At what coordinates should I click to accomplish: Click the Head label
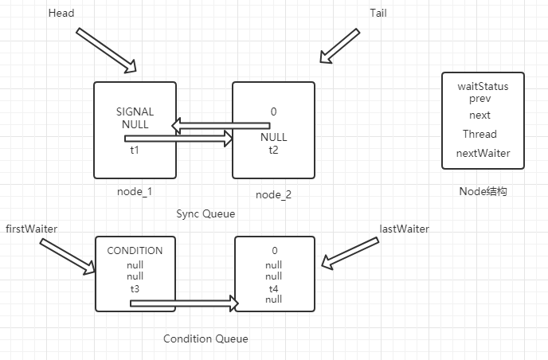click(x=62, y=14)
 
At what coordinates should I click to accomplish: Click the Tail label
click(x=378, y=14)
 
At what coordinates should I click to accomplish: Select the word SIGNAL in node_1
click(x=135, y=112)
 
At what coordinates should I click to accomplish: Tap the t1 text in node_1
click(x=135, y=150)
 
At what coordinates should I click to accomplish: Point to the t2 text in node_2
click(x=273, y=150)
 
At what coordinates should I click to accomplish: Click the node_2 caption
click(x=273, y=195)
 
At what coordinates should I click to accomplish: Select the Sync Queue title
click(x=205, y=214)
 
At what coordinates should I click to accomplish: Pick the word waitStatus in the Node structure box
click(x=483, y=86)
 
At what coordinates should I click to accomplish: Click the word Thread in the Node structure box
click(x=479, y=134)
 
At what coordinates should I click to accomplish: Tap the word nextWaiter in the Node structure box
click(x=483, y=153)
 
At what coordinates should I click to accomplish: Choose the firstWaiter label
click(x=31, y=229)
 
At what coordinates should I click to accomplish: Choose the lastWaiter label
click(x=405, y=229)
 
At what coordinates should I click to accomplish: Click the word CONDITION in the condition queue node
click(x=135, y=251)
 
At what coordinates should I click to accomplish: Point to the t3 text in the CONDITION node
click(x=135, y=288)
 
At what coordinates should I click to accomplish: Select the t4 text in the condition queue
click(x=273, y=288)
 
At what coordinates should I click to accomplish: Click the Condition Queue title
click(x=205, y=338)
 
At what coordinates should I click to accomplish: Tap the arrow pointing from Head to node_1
click(x=107, y=49)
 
